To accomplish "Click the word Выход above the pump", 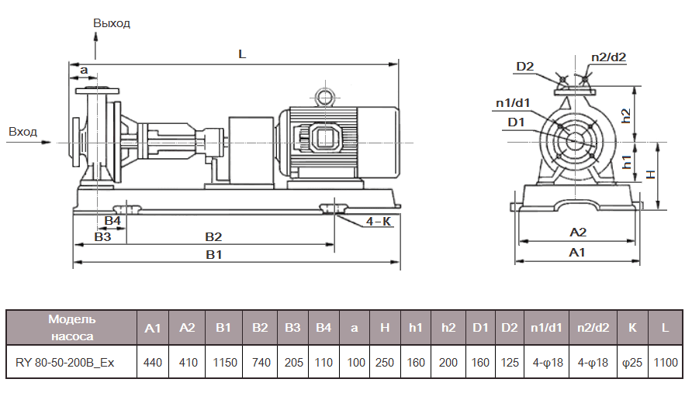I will click(112, 23).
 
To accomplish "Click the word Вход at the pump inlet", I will click(22, 132).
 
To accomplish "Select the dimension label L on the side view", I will click(242, 55).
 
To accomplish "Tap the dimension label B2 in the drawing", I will click(213, 236).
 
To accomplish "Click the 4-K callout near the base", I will click(379, 222).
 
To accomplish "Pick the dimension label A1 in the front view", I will click(577, 253).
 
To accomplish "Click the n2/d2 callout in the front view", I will click(608, 57).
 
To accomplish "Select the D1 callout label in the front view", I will click(517, 122).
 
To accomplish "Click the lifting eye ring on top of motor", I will click(323, 96).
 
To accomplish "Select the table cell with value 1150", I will click(223, 362).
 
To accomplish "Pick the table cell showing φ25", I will click(632, 362).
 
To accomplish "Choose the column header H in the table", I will click(385, 328).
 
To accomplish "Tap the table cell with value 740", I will click(259, 362).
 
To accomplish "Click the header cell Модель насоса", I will click(71, 328).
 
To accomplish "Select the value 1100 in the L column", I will click(665, 362).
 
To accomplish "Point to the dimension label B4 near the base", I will click(113, 221).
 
